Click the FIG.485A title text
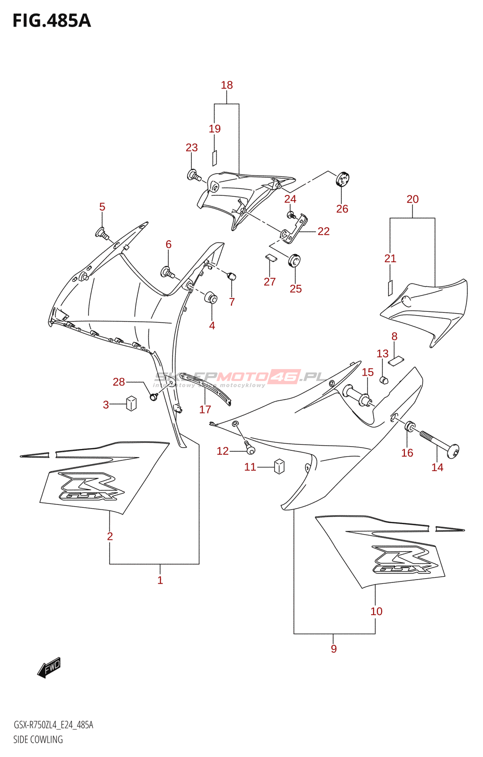click(x=52, y=21)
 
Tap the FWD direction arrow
click(x=49, y=668)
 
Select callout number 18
click(x=227, y=85)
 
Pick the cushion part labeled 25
click(x=295, y=260)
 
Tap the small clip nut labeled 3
click(x=131, y=404)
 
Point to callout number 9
click(x=334, y=649)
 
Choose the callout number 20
click(x=412, y=199)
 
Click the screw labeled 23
click(x=194, y=176)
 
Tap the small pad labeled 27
click(x=270, y=258)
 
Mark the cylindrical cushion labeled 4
click(x=211, y=299)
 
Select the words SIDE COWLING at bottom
click(x=38, y=739)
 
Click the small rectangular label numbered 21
click(x=390, y=288)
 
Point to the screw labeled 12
click(x=250, y=447)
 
